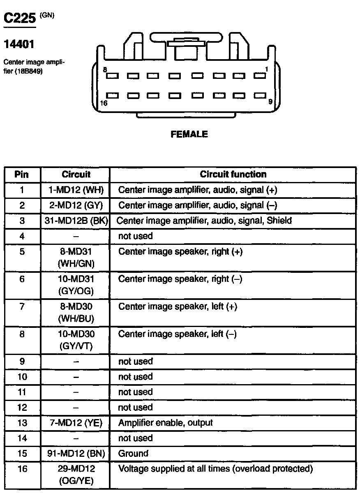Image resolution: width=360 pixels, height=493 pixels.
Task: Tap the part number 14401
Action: pos(19,43)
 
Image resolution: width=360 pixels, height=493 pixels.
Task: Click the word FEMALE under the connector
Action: pos(189,134)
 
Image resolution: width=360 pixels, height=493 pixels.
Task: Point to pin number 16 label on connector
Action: pos(104,103)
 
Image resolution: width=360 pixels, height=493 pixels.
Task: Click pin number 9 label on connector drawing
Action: pos(270,101)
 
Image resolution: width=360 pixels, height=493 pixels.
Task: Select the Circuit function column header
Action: pos(233,174)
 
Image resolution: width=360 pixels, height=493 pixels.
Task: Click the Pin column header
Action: pos(22,174)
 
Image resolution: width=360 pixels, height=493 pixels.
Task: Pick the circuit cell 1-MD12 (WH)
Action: pos(76,190)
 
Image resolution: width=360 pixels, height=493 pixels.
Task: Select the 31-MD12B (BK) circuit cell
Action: pos(76,221)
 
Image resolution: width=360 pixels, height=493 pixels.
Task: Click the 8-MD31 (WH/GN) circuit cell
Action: pos(76,257)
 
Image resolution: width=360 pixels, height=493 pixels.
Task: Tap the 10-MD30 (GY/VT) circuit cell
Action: pos(76,340)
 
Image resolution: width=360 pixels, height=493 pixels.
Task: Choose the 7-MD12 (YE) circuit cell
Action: pos(76,423)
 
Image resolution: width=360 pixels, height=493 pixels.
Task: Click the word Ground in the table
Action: pos(133,454)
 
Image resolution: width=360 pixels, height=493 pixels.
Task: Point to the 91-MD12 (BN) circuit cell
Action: pos(76,454)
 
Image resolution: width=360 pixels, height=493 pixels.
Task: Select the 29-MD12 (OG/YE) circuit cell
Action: pos(76,475)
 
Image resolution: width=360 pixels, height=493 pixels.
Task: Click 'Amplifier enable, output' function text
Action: pos(165,423)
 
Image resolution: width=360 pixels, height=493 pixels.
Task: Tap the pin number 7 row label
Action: pos(22,306)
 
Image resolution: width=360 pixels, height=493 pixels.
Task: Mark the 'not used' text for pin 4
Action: pos(135,236)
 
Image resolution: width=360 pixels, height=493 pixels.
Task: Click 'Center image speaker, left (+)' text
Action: pos(178,306)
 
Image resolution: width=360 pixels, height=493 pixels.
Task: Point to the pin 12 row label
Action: pos(22,408)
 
